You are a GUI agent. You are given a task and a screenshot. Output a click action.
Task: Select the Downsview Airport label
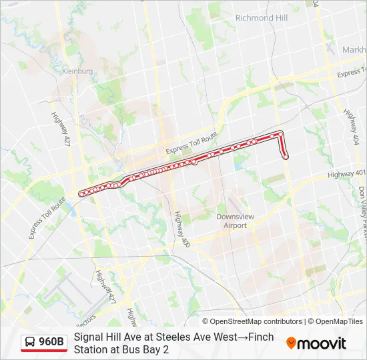point(231,221)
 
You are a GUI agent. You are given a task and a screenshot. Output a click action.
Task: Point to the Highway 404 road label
point(351,124)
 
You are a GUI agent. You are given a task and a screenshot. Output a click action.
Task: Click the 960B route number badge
point(51,343)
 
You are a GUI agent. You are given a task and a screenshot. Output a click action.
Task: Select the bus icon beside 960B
point(31,343)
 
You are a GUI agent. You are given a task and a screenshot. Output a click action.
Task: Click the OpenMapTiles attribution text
point(338,321)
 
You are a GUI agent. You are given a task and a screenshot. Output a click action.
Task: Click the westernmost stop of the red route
point(81,193)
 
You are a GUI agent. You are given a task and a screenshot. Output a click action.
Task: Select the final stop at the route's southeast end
point(286,157)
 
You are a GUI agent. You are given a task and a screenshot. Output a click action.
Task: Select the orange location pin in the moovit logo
point(292,343)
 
